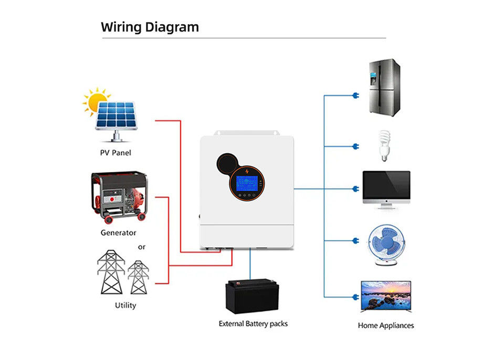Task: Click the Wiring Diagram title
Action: (150, 27)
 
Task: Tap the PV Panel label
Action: (115, 153)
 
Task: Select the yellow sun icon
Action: (96, 102)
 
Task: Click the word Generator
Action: (118, 232)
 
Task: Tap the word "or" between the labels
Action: (142, 247)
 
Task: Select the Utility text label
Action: (125, 305)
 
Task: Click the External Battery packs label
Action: (253, 324)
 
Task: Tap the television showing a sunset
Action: (386, 297)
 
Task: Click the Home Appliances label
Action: (386, 325)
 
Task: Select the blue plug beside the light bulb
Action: (356, 146)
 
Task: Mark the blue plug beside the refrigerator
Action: (356, 96)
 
